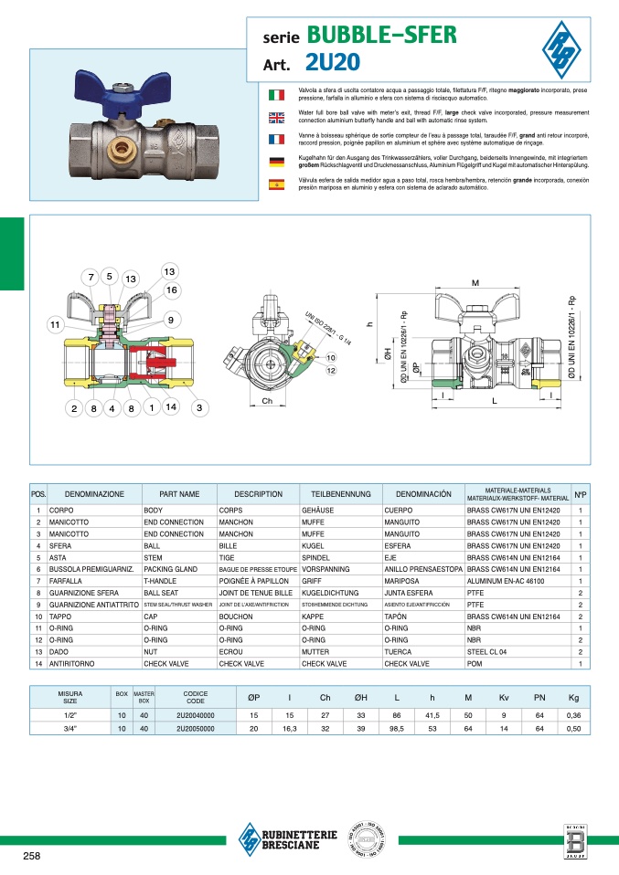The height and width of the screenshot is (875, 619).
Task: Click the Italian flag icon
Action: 275,94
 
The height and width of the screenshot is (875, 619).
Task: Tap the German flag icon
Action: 275,162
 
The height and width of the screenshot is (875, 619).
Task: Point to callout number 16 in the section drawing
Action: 171,290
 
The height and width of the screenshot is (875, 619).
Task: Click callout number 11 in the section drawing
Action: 56,324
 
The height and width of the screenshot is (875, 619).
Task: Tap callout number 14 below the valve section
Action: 170,408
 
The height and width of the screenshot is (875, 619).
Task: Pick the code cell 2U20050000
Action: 196,730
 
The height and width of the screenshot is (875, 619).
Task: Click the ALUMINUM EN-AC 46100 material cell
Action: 509,581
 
